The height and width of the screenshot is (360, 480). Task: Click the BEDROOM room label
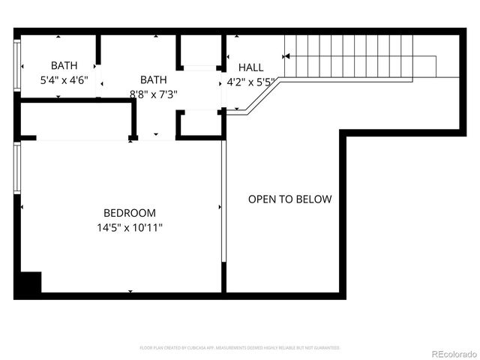pyautogui.click(x=130, y=212)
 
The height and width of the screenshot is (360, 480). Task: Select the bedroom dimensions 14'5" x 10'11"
pyautogui.click(x=130, y=226)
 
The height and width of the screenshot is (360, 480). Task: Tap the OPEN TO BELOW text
pyautogui.click(x=289, y=199)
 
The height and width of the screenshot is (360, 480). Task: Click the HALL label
pyautogui.click(x=250, y=67)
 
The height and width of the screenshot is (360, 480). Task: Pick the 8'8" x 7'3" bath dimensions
pyautogui.click(x=153, y=94)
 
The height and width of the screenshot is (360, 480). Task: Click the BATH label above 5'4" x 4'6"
pyautogui.click(x=64, y=65)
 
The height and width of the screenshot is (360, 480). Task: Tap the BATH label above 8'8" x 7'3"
pyautogui.click(x=153, y=79)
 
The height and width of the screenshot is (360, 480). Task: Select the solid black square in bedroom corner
pyautogui.click(x=29, y=283)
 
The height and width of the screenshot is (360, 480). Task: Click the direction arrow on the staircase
pyautogui.click(x=286, y=55)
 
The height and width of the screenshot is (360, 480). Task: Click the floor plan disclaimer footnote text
pyautogui.click(x=240, y=348)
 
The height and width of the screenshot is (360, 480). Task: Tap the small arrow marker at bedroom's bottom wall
pyautogui.click(x=130, y=291)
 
